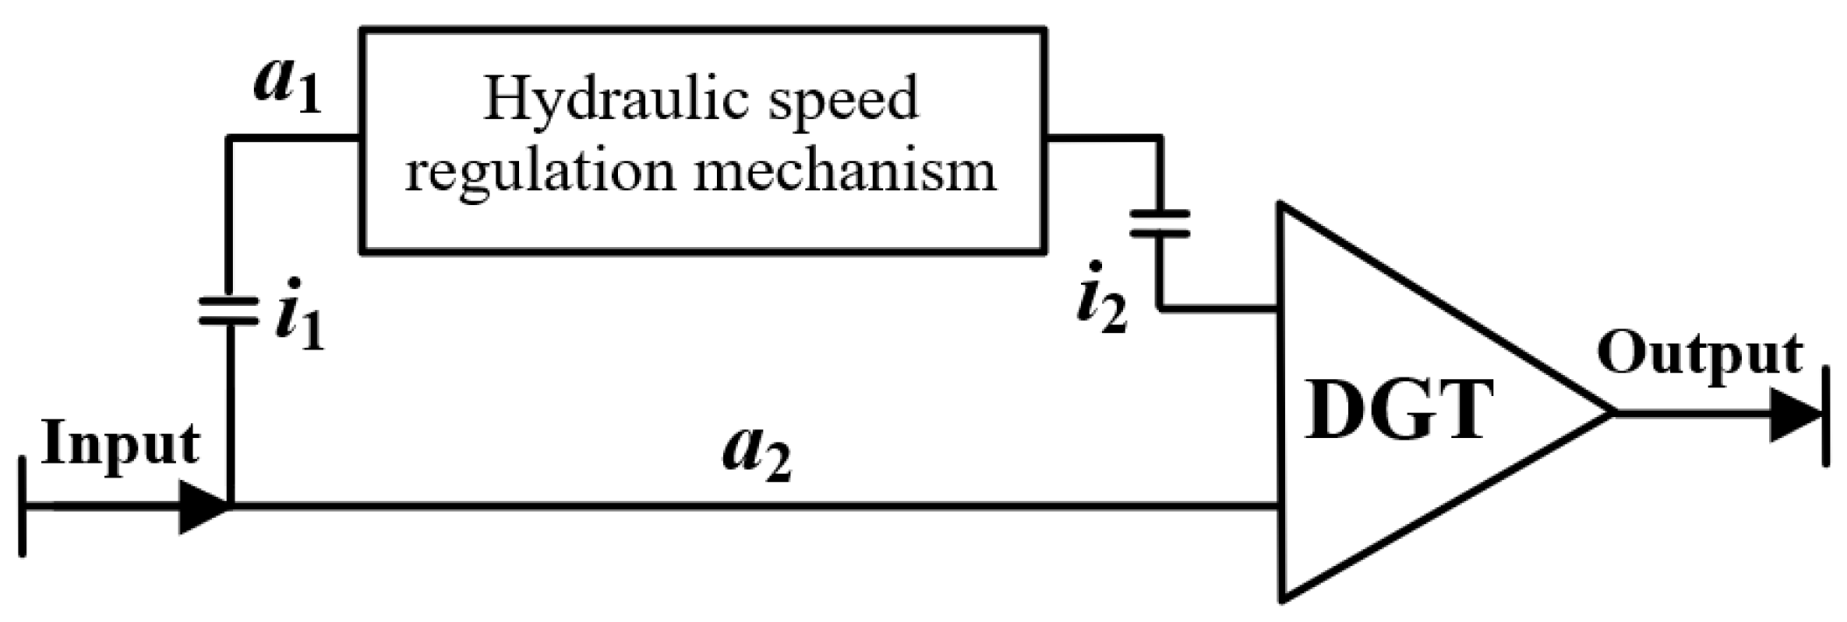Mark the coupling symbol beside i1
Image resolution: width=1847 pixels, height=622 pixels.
click(229, 309)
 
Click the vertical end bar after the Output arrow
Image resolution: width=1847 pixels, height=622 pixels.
click(1826, 414)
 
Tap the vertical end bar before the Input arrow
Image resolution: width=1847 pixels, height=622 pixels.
click(23, 506)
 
